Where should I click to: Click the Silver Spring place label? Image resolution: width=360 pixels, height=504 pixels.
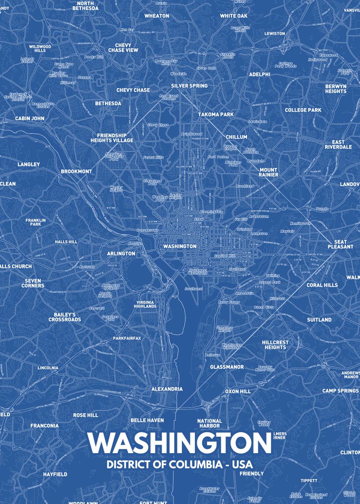(x=189, y=86)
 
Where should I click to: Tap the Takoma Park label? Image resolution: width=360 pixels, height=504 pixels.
(x=216, y=114)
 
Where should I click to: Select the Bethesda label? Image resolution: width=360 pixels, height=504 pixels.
(x=108, y=103)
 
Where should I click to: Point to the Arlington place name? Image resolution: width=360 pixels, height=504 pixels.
(x=121, y=254)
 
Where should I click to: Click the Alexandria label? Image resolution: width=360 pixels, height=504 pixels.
(x=167, y=389)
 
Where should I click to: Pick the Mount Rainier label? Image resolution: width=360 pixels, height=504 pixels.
(x=268, y=172)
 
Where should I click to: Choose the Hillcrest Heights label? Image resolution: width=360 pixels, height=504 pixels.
(x=275, y=345)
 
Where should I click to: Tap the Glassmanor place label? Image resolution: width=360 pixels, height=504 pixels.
(x=227, y=367)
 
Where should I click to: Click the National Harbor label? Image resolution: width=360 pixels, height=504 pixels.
(x=210, y=423)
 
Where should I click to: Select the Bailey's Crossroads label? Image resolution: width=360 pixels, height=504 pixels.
(x=64, y=317)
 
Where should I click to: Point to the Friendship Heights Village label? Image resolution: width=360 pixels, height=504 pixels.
(x=112, y=138)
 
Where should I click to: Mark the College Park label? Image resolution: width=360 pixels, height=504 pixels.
(x=303, y=110)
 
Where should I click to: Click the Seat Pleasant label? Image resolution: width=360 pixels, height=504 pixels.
(x=341, y=244)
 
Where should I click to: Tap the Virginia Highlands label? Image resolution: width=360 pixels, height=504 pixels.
(x=146, y=304)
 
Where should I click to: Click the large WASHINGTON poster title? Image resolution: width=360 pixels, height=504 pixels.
(x=180, y=443)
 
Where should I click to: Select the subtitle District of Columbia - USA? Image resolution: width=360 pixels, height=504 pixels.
(x=180, y=465)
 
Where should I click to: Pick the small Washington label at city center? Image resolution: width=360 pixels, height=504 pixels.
(x=180, y=247)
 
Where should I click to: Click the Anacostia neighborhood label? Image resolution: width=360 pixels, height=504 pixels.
(x=232, y=293)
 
